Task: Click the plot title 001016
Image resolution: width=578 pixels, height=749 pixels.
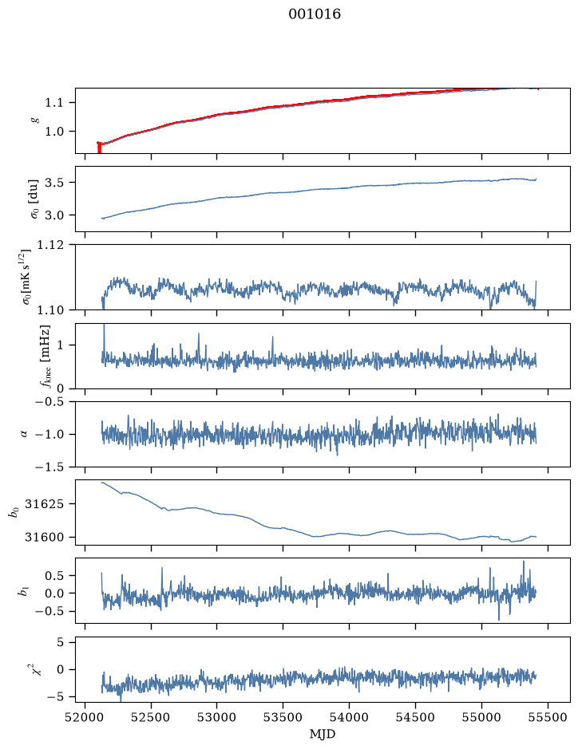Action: click(x=314, y=14)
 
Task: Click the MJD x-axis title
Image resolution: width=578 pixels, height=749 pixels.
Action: click(x=323, y=734)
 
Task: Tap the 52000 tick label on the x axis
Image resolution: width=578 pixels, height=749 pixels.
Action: click(x=85, y=717)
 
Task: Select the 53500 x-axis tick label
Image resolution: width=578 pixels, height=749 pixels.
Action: click(x=283, y=717)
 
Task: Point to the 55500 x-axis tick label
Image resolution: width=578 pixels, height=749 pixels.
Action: click(x=548, y=717)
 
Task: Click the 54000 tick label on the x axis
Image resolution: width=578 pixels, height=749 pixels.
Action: click(x=349, y=717)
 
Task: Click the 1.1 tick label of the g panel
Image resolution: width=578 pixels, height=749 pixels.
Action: click(x=54, y=103)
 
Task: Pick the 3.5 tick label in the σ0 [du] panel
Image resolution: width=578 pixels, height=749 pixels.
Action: click(x=54, y=183)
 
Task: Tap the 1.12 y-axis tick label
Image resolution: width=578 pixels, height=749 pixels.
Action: click(x=49, y=245)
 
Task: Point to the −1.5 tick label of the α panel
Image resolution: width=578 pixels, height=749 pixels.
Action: click(x=49, y=467)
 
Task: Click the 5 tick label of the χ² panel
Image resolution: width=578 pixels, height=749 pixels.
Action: click(x=60, y=642)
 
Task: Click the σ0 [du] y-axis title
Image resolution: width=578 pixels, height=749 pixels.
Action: click(x=35, y=199)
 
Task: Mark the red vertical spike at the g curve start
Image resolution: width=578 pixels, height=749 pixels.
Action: click(x=99, y=148)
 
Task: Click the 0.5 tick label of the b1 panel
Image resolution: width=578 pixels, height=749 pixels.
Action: click(x=54, y=576)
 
